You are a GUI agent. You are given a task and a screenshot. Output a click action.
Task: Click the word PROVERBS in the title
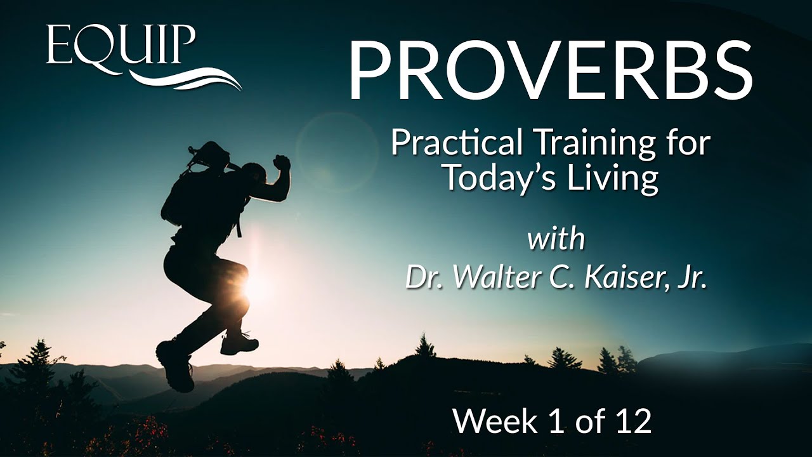pyautogui.click(x=550, y=70)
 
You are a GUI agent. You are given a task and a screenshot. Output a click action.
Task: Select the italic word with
pyautogui.click(x=556, y=241)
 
